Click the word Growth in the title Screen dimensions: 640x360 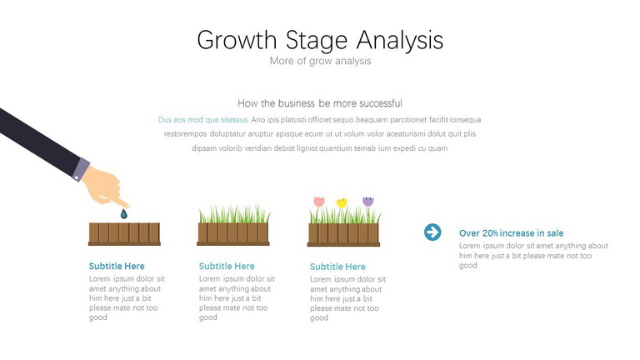[x=237, y=40]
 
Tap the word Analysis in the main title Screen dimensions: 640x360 [x=400, y=40]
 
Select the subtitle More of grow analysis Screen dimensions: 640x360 [x=320, y=61]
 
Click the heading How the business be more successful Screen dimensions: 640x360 [x=320, y=103]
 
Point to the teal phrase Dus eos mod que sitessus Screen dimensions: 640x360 [x=203, y=120]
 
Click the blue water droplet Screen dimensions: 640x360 [x=123, y=213]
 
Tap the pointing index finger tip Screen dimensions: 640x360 [x=127, y=205]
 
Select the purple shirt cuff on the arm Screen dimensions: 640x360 [x=81, y=169]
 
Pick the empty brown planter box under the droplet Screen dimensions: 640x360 [x=124, y=234]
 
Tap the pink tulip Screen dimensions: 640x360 [x=319, y=201]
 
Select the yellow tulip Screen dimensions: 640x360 [x=342, y=202]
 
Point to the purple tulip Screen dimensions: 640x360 [x=368, y=201]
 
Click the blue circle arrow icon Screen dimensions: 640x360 [x=432, y=232]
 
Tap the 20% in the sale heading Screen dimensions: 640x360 [x=490, y=233]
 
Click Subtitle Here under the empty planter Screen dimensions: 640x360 [x=117, y=266]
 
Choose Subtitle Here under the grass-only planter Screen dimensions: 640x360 [x=227, y=266]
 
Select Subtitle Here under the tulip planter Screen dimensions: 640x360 [x=338, y=267]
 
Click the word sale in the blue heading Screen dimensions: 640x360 [x=555, y=233]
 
